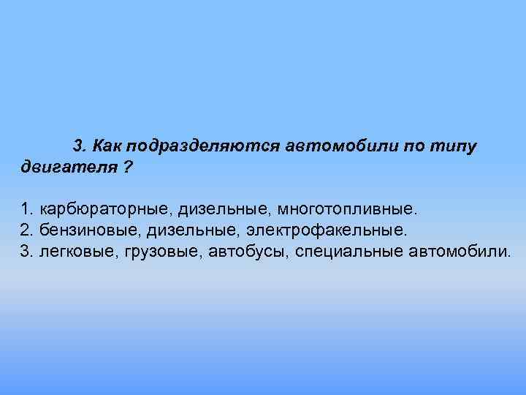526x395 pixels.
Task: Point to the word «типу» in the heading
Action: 454,146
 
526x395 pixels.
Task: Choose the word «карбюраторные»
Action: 105,211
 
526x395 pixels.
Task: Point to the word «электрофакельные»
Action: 325,231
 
